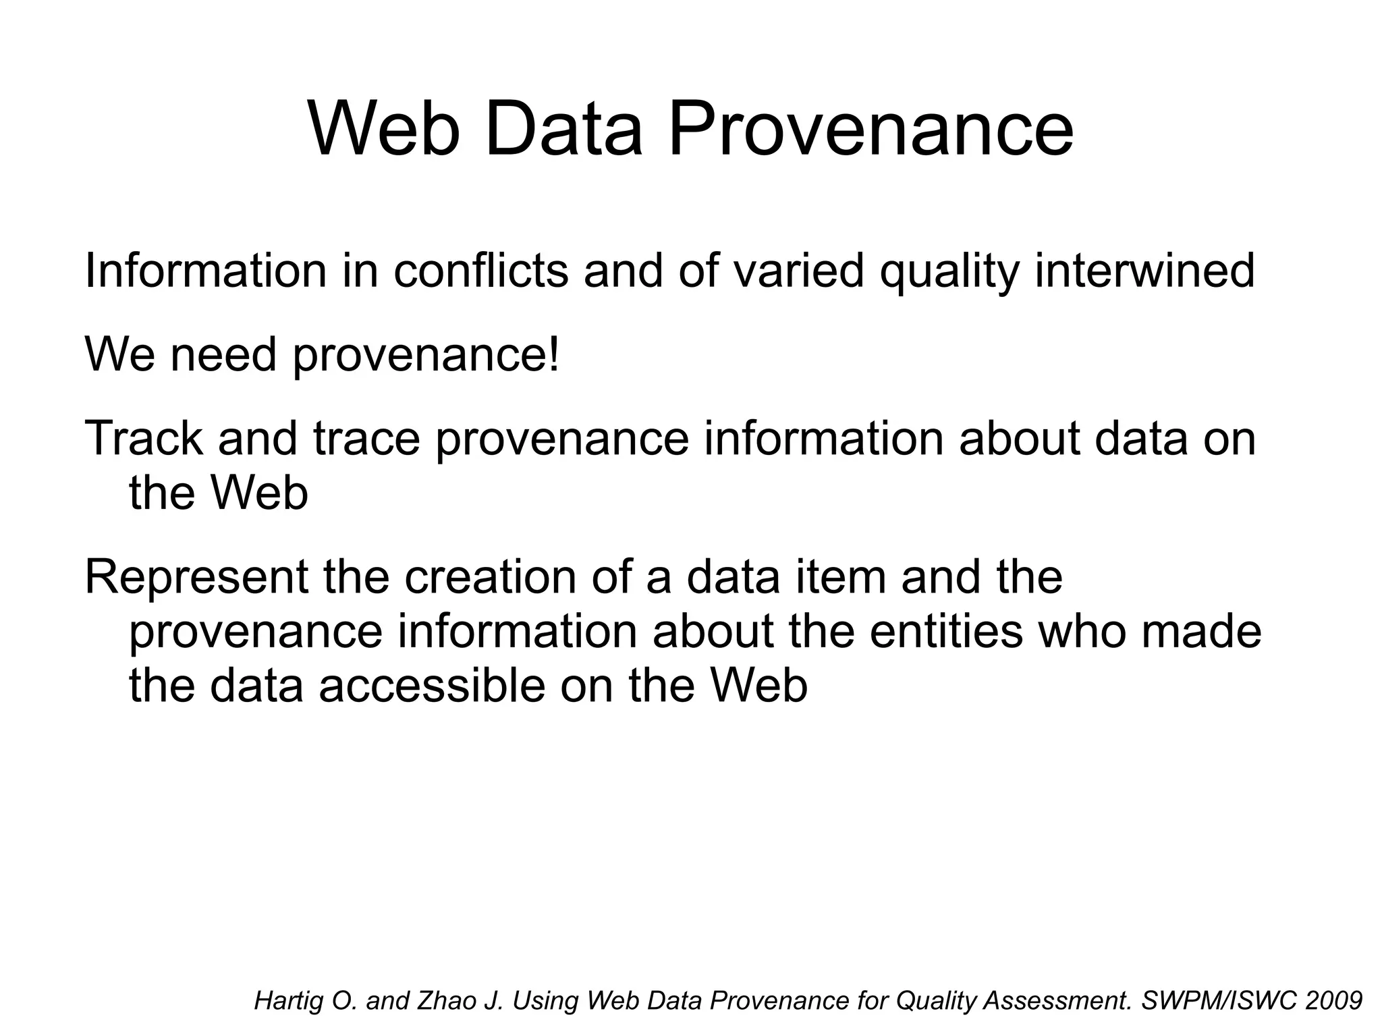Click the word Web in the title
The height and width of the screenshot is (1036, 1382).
click(x=384, y=128)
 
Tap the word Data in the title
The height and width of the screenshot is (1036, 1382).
click(x=563, y=128)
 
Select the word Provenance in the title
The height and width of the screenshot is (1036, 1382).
click(x=870, y=128)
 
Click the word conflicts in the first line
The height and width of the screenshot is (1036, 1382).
click(x=480, y=271)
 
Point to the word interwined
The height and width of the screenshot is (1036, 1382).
click(x=1144, y=271)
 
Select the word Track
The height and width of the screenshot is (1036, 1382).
click(x=143, y=438)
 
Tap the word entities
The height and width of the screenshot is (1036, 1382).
click(x=945, y=632)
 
